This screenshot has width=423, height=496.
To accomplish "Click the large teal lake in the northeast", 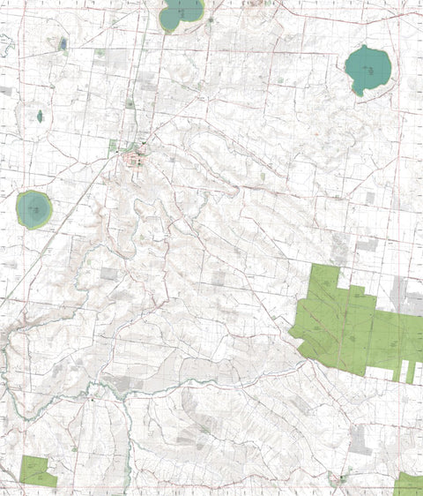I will (367, 67).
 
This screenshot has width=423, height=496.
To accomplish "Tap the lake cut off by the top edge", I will (182, 13).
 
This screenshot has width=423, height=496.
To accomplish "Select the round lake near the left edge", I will (33, 208).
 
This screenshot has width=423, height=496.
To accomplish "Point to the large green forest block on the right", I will (352, 327).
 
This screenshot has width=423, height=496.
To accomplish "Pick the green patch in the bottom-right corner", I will (409, 484).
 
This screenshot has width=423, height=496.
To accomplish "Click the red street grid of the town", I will (137, 159).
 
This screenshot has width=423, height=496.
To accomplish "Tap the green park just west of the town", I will (113, 147).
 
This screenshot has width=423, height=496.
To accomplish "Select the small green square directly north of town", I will (130, 103).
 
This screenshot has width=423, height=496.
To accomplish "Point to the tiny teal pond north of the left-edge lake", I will (40, 116).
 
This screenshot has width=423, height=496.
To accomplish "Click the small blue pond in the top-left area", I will (62, 43).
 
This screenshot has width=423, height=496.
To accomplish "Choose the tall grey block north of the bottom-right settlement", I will (360, 439).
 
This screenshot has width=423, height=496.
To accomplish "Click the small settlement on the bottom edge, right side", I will (339, 479).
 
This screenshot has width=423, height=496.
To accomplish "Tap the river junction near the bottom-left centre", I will (128, 395).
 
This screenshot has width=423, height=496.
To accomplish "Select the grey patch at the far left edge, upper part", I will (5, 90).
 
